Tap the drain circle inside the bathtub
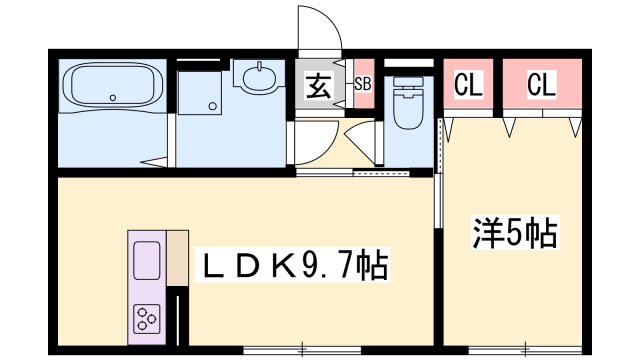(113, 98)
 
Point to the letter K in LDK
(281, 267)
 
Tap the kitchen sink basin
(147, 263)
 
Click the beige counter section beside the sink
(178, 255)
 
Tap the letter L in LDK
(216, 267)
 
